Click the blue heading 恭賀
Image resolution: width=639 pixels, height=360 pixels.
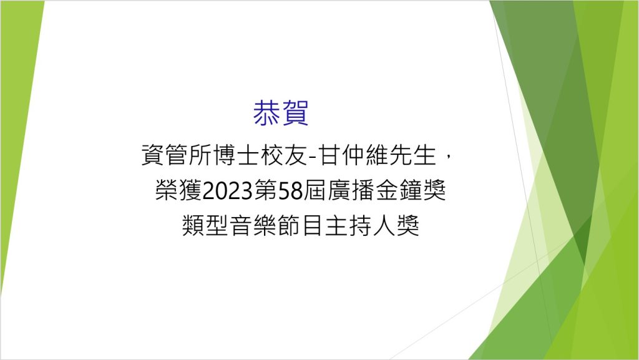pyautogui.click(x=280, y=113)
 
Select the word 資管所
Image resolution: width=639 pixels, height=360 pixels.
pyautogui.click(x=177, y=155)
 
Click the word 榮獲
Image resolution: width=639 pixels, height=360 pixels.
pyautogui.click(x=178, y=190)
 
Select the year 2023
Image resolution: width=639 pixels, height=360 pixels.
pyautogui.click(x=228, y=191)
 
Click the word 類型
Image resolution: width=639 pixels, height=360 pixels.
pyautogui.click(x=205, y=226)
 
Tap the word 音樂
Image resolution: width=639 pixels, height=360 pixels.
pyautogui.click(x=253, y=226)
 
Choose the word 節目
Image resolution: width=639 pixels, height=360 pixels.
pyautogui.click(x=301, y=226)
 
